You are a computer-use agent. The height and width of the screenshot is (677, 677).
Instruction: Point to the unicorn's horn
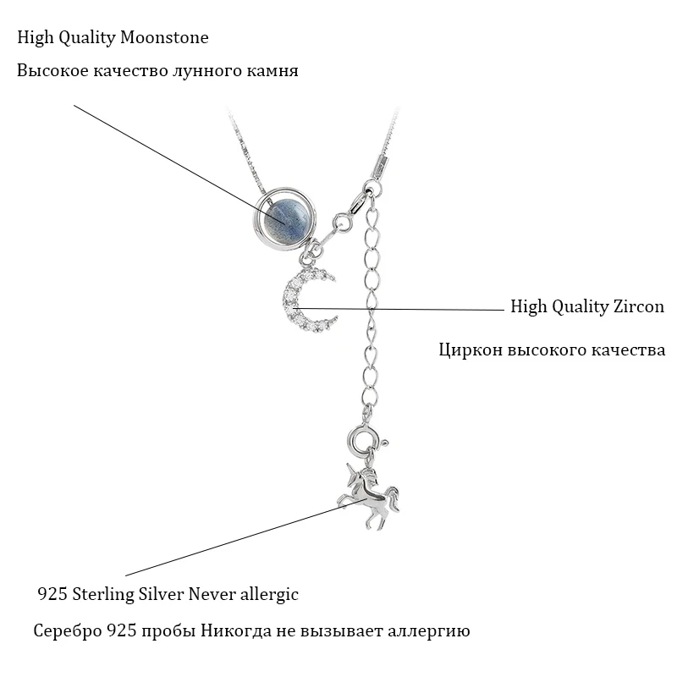346,468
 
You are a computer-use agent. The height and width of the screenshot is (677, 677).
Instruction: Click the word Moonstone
166,38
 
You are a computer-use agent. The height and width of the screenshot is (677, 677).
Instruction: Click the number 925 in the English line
52,595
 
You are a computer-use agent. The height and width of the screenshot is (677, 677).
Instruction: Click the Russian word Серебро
64,631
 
